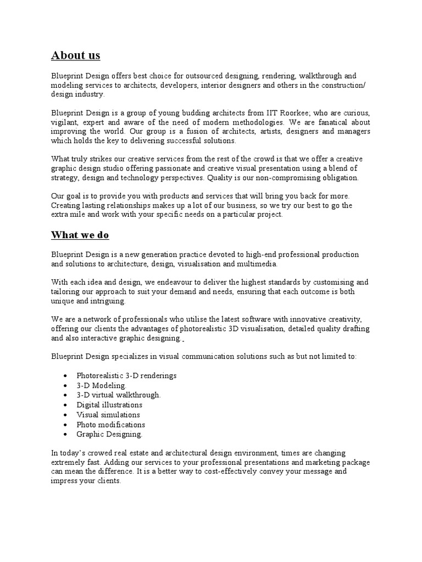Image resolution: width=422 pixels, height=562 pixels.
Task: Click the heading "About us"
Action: pos(76,55)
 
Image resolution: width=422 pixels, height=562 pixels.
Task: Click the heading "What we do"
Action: pos(80,235)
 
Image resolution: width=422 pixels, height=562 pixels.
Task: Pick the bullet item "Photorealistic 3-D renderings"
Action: pos(126,376)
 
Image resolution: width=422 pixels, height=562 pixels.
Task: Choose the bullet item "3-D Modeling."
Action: pos(102,386)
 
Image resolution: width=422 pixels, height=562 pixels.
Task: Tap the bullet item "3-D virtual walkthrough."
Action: pos(119,395)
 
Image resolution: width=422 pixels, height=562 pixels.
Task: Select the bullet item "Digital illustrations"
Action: pos(109,405)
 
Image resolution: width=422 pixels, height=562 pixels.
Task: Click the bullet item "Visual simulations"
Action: pos(108,415)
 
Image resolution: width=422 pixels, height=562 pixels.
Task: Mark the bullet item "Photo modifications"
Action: pos(111,425)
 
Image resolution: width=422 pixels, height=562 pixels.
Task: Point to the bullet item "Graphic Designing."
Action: pos(109,434)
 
